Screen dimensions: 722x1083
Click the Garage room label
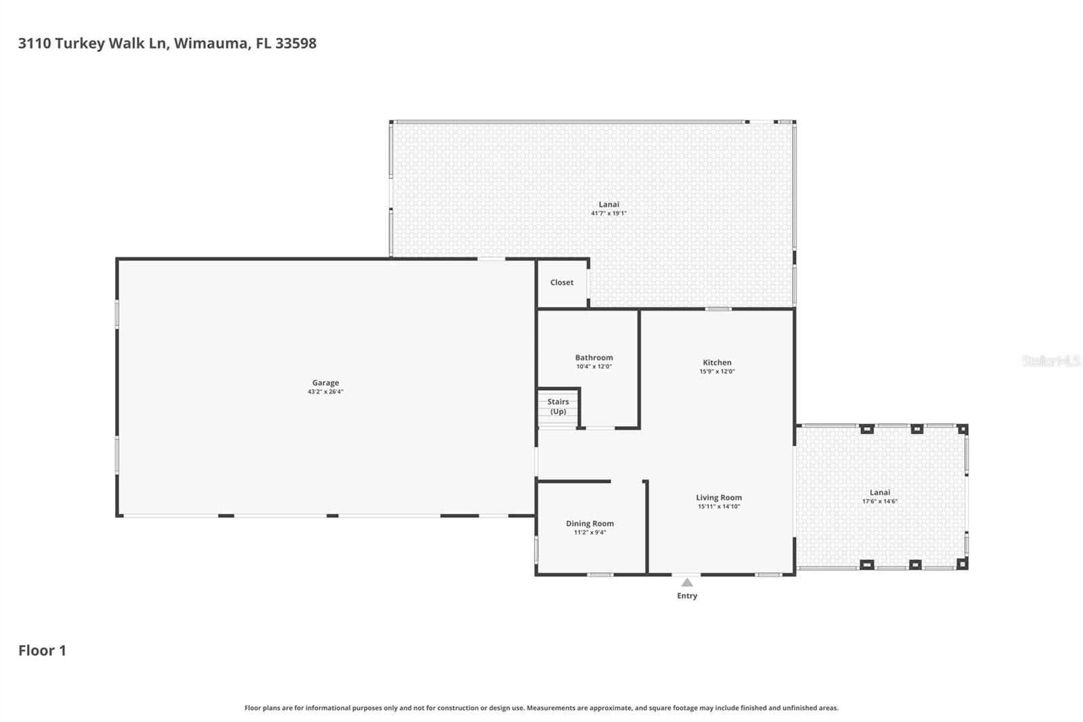(326, 383)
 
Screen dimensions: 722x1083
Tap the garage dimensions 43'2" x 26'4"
(326, 391)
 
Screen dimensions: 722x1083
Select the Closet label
(562, 282)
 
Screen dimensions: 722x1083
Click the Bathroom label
(594, 358)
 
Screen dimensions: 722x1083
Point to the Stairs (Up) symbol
(558, 408)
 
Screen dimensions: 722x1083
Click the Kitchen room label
(717, 362)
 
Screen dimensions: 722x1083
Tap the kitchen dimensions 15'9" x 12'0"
(717, 371)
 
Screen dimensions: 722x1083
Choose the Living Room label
(719, 497)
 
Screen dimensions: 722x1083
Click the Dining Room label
(590, 524)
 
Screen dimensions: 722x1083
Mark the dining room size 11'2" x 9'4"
(590, 532)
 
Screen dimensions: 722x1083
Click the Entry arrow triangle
(687, 582)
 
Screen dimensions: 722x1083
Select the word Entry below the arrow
(687, 596)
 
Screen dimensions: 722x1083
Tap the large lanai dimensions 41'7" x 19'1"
(609, 213)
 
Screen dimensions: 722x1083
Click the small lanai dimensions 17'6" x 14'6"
(880, 501)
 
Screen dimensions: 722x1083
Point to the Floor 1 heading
(42, 650)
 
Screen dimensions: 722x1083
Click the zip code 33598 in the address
(296, 43)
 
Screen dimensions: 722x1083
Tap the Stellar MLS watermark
(1051, 361)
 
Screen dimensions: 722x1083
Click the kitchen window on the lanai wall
(718, 309)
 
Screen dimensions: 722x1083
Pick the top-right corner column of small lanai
(963, 429)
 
